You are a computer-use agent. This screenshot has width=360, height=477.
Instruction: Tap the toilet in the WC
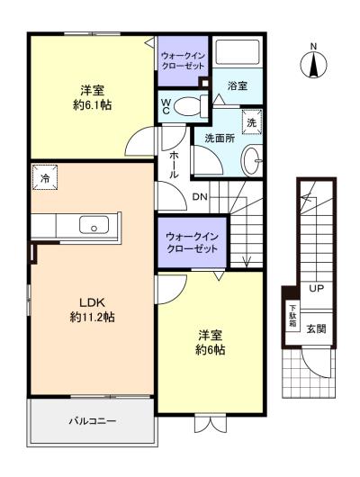pyautogui.click(x=191, y=106)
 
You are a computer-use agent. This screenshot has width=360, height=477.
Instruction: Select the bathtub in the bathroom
pyautogui.click(x=237, y=51)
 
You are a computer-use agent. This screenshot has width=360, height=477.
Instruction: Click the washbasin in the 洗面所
pyautogui.click(x=252, y=160)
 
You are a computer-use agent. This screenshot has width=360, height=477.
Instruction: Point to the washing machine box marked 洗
pyautogui.click(x=252, y=122)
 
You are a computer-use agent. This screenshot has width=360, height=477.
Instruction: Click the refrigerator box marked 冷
pyautogui.click(x=45, y=177)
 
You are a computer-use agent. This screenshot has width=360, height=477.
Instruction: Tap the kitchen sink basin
pyautogui.click(x=94, y=225)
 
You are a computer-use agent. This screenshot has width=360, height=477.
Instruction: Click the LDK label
pyautogui.click(x=92, y=302)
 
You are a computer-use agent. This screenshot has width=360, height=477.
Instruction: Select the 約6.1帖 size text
pyautogui.click(x=92, y=105)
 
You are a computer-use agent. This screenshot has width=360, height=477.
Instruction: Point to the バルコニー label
pyautogui.click(x=92, y=421)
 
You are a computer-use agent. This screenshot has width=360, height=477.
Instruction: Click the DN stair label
pyautogui.click(x=200, y=197)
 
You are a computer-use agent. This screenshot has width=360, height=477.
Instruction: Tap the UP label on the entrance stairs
pyautogui.click(x=317, y=288)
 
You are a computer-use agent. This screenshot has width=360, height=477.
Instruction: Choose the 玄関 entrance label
pyautogui.click(x=316, y=328)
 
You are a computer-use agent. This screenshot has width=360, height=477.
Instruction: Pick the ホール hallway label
pyautogui.click(x=174, y=165)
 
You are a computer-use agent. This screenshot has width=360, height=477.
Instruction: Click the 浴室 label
pyautogui.click(x=238, y=86)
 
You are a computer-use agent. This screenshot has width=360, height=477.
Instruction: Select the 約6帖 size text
pyautogui.click(x=210, y=350)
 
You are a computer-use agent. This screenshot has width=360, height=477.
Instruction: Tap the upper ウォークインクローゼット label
pyautogui.click(x=183, y=61)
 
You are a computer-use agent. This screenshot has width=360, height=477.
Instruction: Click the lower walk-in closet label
pyautogui.click(x=193, y=243)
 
